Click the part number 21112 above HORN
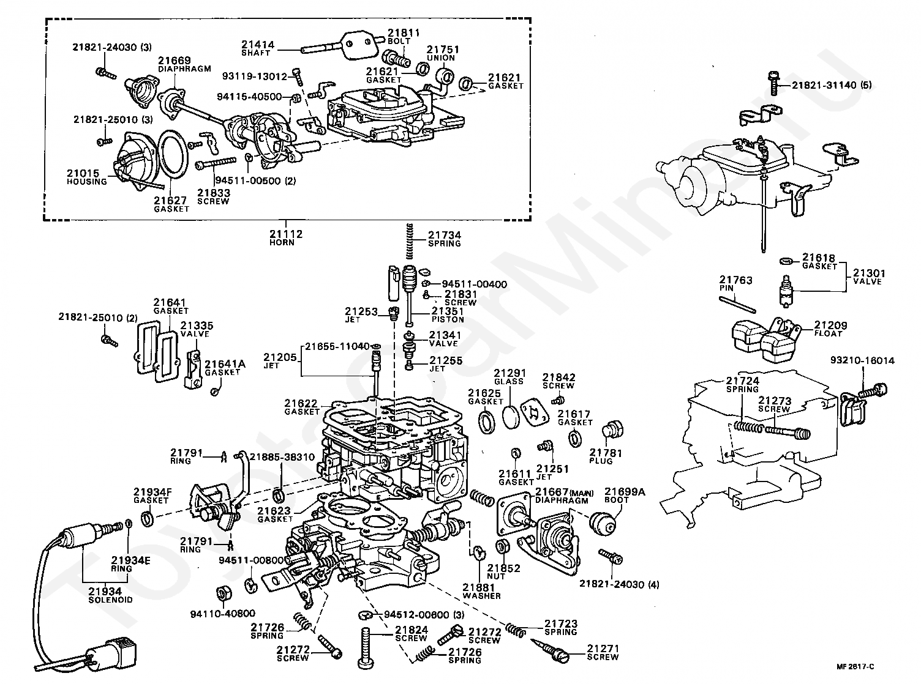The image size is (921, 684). pyautogui.click(x=286, y=234)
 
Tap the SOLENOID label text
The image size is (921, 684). pyautogui.click(x=110, y=600)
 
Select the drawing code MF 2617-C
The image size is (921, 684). pyautogui.click(x=855, y=667)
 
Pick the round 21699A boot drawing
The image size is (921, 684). pyautogui.click(x=602, y=524)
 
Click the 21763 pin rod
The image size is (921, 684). pyautogui.click(x=738, y=304)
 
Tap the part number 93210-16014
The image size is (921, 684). pyautogui.click(x=862, y=360)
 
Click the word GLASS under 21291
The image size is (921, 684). pyautogui.click(x=509, y=381)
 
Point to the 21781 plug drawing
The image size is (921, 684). pyautogui.click(x=613, y=430)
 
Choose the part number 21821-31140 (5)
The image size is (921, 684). pyautogui.click(x=832, y=85)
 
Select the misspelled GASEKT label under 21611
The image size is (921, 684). pyautogui.click(x=516, y=482)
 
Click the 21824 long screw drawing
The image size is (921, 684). pyautogui.click(x=367, y=647)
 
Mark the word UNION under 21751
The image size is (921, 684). pyautogui.click(x=440, y=58)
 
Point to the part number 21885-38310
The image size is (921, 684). pyautogui.click(x=282, y=457)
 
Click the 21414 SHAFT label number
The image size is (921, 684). pyautogui.click(x=258, y=45)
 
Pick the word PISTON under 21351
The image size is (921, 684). pyautogui.click(x=448, y=319)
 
